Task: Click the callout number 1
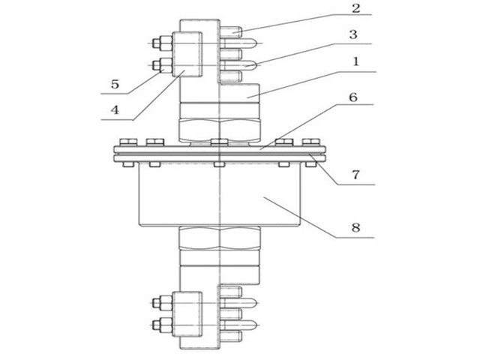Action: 355,61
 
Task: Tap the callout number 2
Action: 356,8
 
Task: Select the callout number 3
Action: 353,34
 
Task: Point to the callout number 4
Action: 115,109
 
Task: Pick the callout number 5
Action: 115,84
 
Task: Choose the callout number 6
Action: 353,97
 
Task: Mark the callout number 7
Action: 355,175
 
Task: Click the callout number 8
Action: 355,227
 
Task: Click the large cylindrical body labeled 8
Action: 220,195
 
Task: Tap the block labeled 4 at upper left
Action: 187,54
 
